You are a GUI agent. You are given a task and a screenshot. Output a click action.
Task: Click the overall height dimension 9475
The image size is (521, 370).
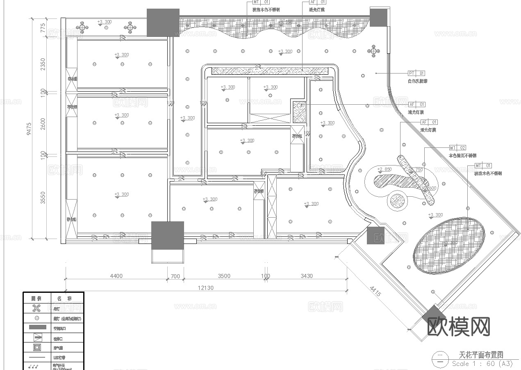click(29, 128)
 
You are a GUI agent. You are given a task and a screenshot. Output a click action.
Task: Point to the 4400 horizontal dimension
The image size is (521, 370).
click(116, 276)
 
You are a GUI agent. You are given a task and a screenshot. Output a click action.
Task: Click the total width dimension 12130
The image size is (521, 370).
click(206, 288)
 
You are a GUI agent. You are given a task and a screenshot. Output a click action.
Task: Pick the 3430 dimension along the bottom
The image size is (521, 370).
click(307, 276)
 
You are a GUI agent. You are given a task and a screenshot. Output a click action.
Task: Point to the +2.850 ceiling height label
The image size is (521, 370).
click(384, 169)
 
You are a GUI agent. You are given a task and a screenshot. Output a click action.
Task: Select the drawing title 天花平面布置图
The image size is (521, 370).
click(481, 355)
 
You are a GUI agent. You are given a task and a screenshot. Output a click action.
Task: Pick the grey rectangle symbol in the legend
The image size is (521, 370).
click(37, 328)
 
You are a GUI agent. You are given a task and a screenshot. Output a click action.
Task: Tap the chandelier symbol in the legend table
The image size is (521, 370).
click(37, 308)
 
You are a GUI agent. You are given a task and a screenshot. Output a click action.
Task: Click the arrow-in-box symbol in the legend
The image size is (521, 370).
click(37, 338)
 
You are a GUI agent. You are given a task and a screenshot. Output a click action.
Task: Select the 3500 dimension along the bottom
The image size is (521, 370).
click(224, 276)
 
